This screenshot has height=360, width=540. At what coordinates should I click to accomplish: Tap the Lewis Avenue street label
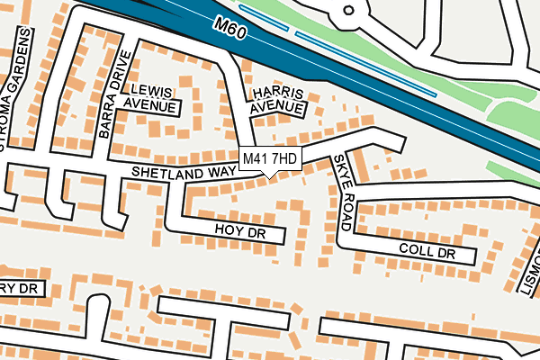coord(149,99)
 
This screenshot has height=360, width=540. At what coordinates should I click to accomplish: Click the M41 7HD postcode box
coord(270,158)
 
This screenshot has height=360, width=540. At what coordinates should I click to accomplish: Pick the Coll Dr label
coord(428,251)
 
